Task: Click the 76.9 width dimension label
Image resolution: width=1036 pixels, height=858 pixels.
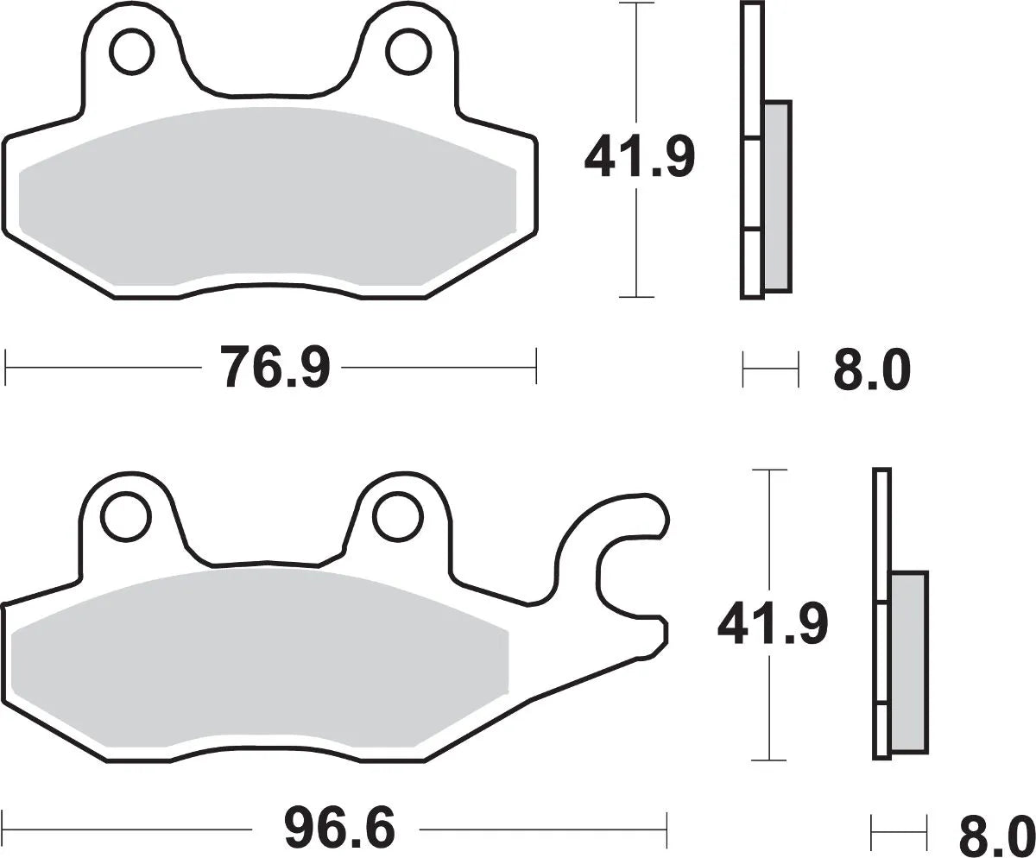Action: tap(275, 366)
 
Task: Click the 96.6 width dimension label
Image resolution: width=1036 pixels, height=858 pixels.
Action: tap(338, 830)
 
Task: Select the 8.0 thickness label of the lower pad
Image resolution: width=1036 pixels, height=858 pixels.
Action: tap(996, 833)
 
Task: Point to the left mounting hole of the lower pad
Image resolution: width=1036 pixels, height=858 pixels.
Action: tap(121, 517)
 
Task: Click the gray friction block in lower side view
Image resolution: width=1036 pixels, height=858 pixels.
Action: tap(908, 660)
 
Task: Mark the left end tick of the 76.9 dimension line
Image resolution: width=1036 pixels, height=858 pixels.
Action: tap(6, 367)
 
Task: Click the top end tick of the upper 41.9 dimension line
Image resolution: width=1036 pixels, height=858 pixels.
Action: tap(636, 4)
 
